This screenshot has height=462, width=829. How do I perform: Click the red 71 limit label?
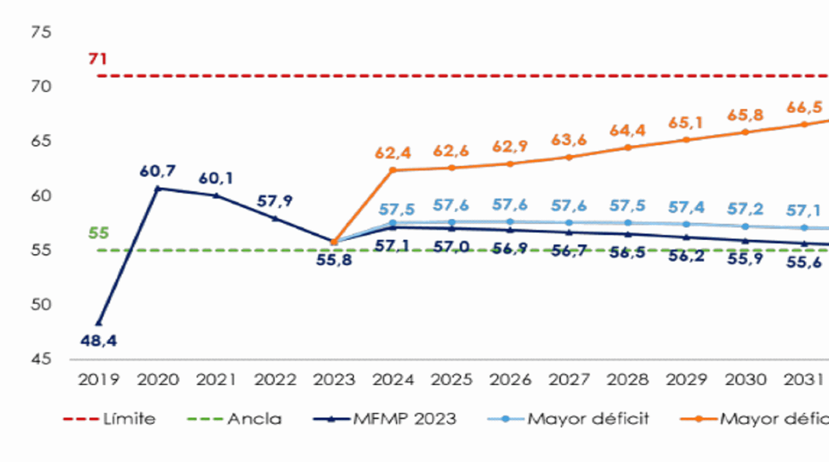(98, 59)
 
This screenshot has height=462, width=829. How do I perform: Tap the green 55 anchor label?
(98, 233)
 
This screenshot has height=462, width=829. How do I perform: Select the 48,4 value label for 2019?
(98, 341)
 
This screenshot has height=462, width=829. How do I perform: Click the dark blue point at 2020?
(158, 189)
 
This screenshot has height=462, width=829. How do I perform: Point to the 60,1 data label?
(216, 178)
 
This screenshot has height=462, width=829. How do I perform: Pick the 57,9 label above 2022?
(275, 201)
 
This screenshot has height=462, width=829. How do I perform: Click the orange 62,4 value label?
(393, 153)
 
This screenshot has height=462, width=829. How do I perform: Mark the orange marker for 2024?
(393, 170)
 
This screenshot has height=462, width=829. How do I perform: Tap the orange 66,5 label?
(804, 107)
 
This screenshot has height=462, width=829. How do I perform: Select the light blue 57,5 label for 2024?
(396, 209)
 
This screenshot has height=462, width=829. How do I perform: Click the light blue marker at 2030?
(745, 226)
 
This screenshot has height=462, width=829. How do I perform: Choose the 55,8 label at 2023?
(334, 259)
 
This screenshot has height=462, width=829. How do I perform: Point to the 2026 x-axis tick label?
(510, 380)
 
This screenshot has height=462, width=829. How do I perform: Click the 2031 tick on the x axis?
(803, 380)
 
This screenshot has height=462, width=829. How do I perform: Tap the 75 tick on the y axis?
(41, 32)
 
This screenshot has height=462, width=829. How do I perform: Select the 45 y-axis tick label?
(41, 359)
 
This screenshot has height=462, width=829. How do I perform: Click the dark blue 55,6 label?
(804, 263)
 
